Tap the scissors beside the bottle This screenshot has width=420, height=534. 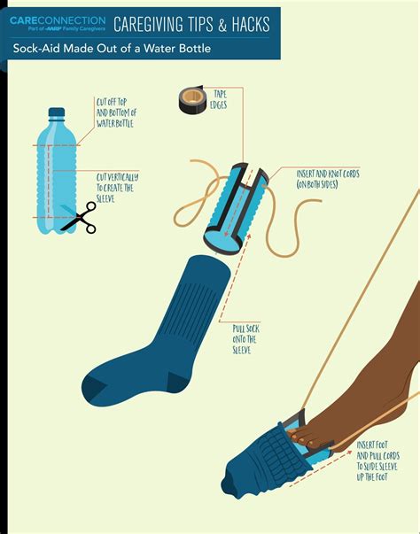point(82,217)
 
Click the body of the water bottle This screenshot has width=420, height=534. point(54,177)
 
